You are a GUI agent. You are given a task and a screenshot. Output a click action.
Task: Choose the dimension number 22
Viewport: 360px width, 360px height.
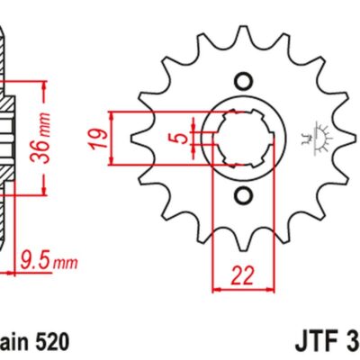pyautogui.click(x=241, y=275)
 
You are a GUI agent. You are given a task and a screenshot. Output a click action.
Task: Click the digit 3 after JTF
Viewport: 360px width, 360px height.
pyautogui.click(x=352, y=342)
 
